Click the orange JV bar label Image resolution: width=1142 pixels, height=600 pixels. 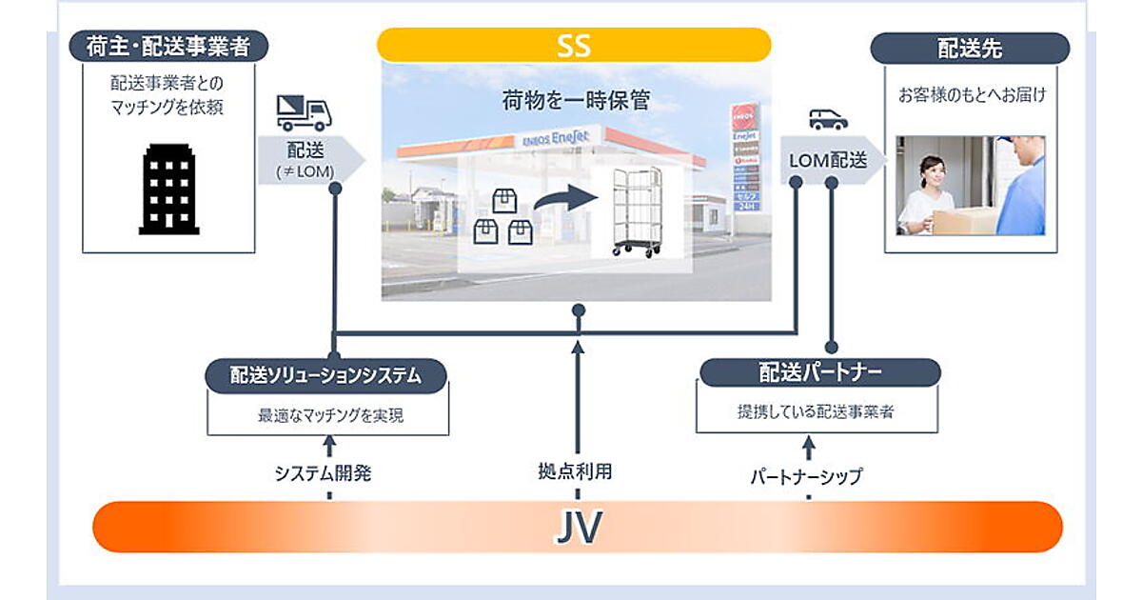tap(577, 527)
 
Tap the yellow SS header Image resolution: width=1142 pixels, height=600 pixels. tap(574, 45)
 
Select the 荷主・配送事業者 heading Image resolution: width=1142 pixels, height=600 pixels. tap(168, 47)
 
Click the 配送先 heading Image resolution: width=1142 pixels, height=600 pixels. tap(970, 48)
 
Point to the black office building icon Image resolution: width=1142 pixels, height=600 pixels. tap(169, 190)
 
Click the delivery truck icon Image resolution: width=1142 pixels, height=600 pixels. tap(304, 113)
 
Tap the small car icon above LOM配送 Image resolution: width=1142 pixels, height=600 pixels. tap(828, 119)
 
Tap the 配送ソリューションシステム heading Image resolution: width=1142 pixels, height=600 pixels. tap(326, 375)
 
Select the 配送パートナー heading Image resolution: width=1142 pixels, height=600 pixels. tap(819, 372)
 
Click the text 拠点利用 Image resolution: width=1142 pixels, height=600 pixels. tap(577, 470)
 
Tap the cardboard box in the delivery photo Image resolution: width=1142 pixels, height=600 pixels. tap(963, 221)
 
